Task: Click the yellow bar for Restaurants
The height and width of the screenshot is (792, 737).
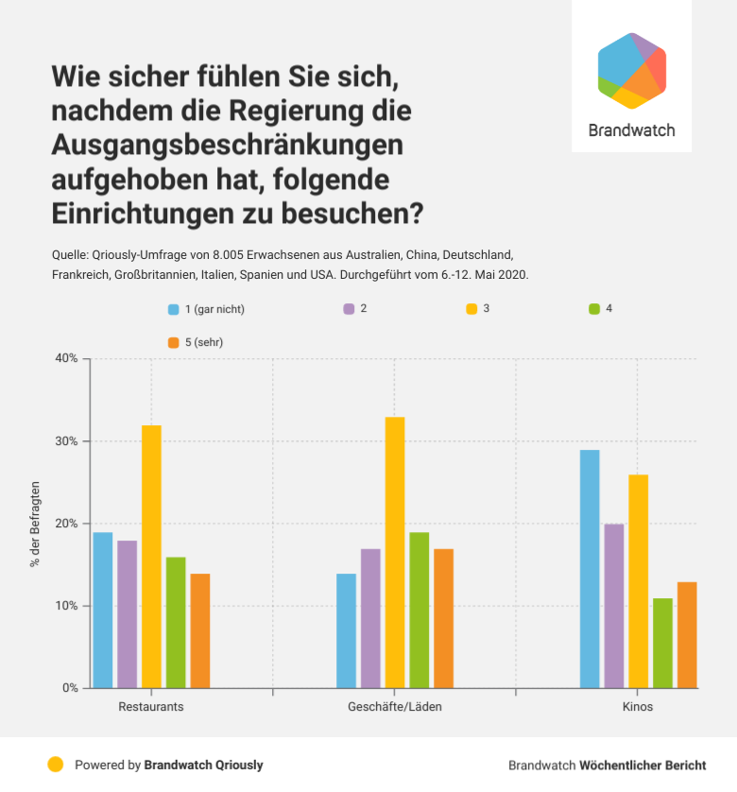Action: tap(151, 557)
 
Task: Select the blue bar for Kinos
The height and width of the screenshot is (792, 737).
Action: tap(590, 569)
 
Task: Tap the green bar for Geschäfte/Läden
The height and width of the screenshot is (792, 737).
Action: tap(420, 610)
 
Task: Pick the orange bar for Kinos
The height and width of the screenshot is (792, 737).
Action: tap(687, 634)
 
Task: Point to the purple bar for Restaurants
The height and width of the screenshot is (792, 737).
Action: tap(127, 614)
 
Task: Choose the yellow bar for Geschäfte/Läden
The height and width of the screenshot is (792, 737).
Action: tap(395, 552)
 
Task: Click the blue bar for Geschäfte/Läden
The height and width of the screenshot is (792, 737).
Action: tap(347, 630)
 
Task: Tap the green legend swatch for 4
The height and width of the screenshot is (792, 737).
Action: tap(594, 309)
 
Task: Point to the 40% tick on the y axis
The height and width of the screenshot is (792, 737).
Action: tap(66, 359)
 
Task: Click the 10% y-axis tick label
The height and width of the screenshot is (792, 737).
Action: tap(66, 606)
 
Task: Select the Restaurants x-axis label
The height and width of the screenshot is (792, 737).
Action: tap(151, 707)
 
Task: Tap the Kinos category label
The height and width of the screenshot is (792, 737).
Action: tap(638, 707)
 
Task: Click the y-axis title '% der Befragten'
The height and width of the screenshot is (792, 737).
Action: tap(35, 524)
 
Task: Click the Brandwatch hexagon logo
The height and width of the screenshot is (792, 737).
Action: tap(632, 71)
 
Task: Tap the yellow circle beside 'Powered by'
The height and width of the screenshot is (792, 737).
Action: tap(56, 765)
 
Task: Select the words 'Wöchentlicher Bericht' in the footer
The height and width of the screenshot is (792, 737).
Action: tap(643, 765)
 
